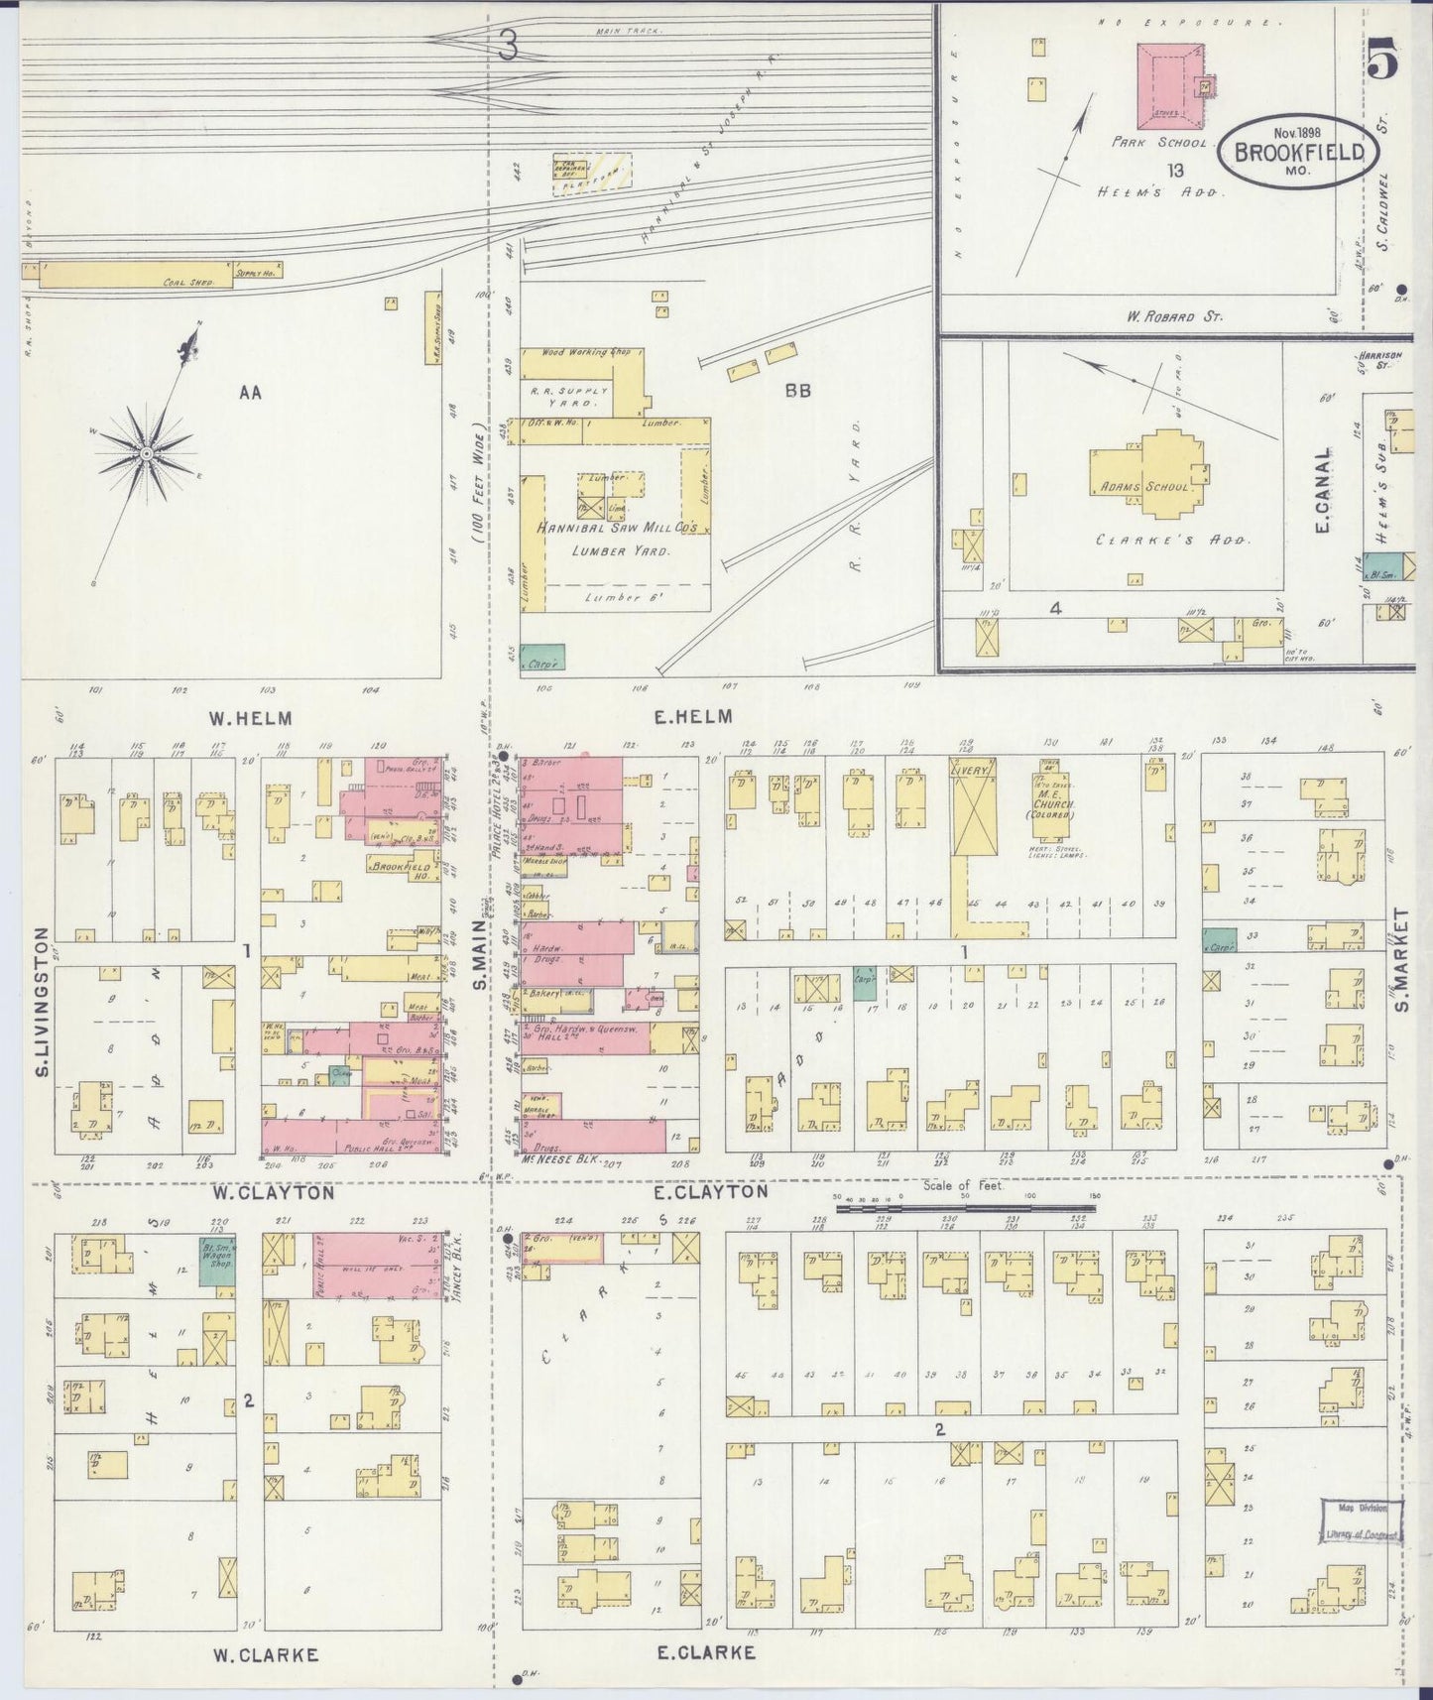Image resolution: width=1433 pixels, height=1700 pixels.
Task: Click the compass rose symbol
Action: tap(146, 453)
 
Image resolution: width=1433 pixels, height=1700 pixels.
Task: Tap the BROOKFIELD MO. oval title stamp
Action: tap(1299, 153)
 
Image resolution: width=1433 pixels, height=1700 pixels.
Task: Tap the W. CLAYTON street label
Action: tap(272, 1193)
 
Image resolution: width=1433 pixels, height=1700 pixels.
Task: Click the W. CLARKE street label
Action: tap(266, 1654)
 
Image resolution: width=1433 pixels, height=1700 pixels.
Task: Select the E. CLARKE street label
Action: tap(706, 1652)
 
